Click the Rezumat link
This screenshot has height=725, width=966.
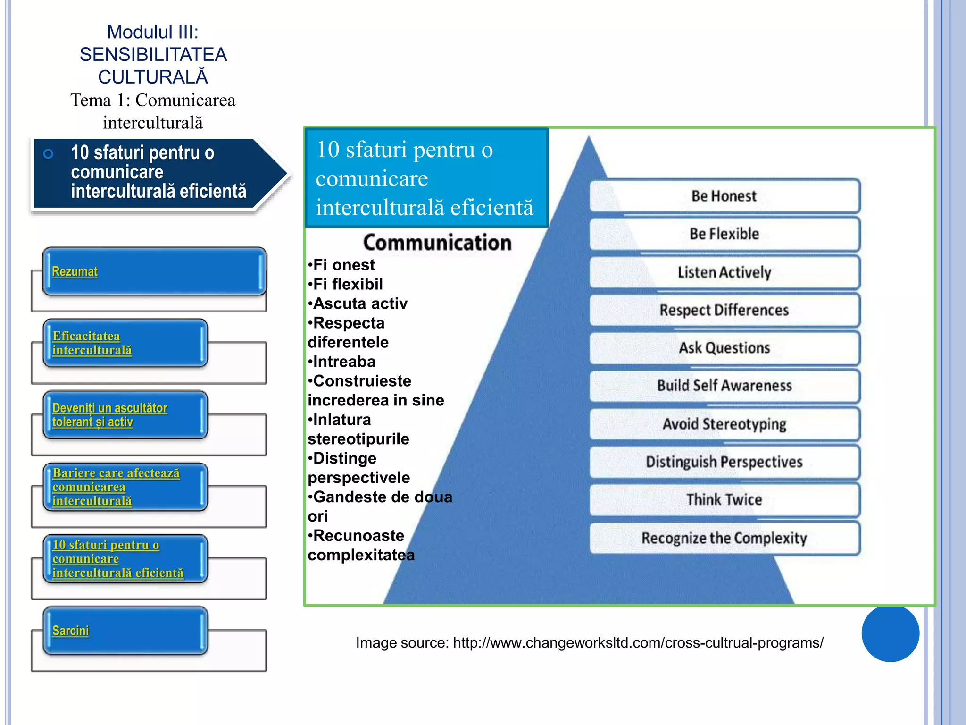coord(75,271)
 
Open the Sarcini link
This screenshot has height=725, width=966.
coord(70,631)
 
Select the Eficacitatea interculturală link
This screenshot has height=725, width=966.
coord(92,343)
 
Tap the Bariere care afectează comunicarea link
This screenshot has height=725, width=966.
coord(116,487)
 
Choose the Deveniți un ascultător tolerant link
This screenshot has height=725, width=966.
coord(109,415)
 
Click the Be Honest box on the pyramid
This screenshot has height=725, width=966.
coord(724,196)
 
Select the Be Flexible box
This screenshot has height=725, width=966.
coord(724,234)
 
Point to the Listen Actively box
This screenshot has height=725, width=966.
coord(724,272)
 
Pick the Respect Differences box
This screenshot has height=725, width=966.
coord(724,310)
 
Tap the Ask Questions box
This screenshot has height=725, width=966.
coord(724,348)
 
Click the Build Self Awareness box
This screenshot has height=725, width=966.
coord(724,386)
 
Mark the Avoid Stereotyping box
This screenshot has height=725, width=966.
coord(724,424)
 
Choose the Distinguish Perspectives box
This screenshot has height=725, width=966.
coord(724,462)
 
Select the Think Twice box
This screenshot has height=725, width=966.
coord(724,499)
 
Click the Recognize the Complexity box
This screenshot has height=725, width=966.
coord(724,538)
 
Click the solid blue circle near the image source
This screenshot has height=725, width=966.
coord(890,633)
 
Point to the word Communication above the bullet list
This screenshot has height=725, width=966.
coord(437,243)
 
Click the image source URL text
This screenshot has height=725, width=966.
coord(638,643)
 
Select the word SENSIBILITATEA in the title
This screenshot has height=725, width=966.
coord(153,55)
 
